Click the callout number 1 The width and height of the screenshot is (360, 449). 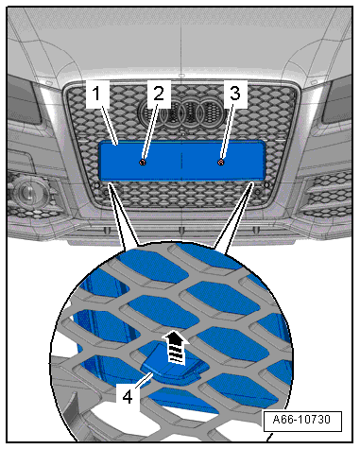(x=96, y=94)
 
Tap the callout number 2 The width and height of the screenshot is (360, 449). (x=159, y=94)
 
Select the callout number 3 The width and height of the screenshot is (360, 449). (x=235, y=94)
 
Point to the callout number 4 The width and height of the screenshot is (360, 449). (x=128, y=397)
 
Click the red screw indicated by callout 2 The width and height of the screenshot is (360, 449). (x=143, y=163)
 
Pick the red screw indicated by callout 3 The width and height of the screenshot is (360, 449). (x=221, y=163)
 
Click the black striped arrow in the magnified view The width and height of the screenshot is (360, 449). (x=175, y=348)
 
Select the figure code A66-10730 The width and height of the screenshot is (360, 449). (x=301, y=420)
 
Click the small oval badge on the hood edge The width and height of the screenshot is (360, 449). (x=181, y=76)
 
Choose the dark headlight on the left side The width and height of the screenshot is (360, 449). (x=24, y=102)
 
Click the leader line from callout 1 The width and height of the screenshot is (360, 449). (x=111, y=123)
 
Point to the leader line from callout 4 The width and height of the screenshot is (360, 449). (x=144, y=380)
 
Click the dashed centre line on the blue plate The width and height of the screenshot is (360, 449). (x=182, y=161)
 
